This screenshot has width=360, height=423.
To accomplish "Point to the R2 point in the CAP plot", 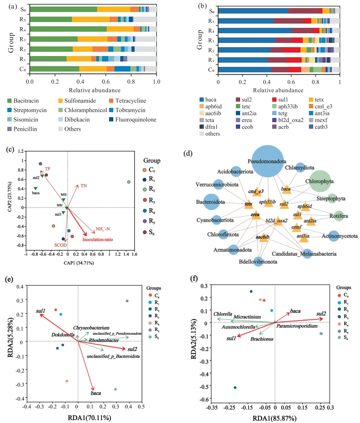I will (129, 182).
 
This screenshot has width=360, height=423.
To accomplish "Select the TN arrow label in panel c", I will (84, 186).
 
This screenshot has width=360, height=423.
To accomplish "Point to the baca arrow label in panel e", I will (96, 393).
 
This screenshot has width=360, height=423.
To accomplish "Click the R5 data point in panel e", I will (127, 301).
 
